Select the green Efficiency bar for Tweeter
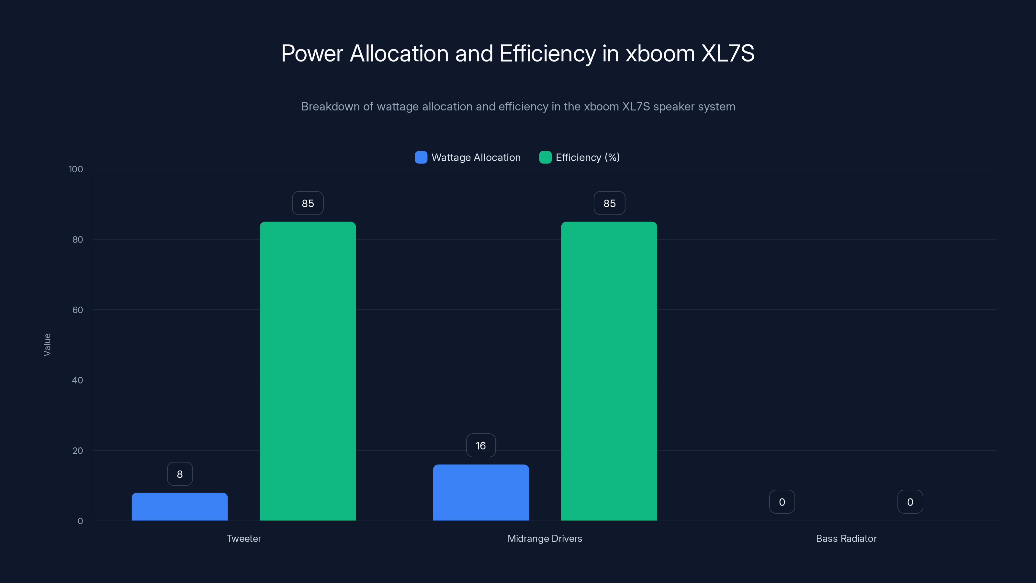[x=308, y=371]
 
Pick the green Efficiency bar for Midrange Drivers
[x=609, y=371]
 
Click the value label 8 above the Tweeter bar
[x=180, y=474]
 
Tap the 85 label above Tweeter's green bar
[x=308, y=203]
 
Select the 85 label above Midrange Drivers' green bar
[x=609, y=203]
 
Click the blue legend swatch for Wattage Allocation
[x=421, y=157]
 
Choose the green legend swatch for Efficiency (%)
[x=545, y=157]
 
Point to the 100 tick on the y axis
[x=76, y=169]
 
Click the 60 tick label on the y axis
[x=78, y=310]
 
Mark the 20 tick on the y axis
[x=78, y=451]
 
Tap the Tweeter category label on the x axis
[x=244, y=538]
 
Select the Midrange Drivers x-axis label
[x=545, y=538]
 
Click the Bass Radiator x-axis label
[x=846, y=538]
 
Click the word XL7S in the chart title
[x=727, y=53]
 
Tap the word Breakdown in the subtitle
[x=330, y=107]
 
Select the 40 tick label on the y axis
[x=78, y=380]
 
